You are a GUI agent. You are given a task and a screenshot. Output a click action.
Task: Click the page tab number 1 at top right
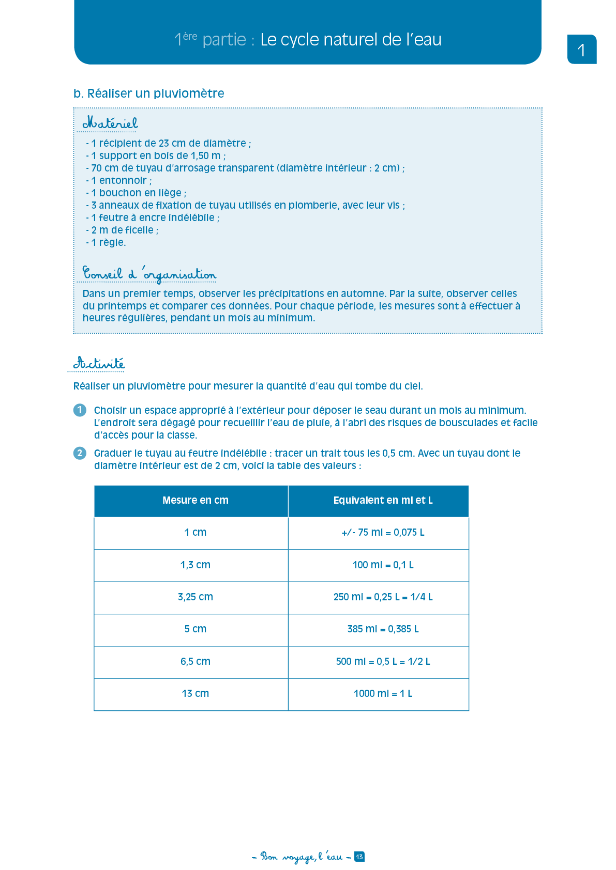(581, 50)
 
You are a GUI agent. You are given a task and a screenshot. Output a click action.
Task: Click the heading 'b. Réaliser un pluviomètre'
(148, 94)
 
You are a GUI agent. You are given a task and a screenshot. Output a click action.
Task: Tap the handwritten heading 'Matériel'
(110, 123)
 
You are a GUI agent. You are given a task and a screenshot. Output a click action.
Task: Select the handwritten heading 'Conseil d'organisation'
(149, 274)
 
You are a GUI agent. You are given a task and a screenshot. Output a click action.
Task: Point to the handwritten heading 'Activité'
(99, 363)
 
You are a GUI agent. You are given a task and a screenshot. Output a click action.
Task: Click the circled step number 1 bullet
(80, 410)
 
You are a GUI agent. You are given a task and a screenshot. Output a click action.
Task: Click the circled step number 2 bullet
(80, 453)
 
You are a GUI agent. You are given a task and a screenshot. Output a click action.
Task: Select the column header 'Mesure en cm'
(195, 500)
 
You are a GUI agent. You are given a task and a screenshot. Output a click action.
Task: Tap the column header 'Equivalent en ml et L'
(383, 500)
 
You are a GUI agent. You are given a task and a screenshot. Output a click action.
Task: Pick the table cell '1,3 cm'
(195, 565)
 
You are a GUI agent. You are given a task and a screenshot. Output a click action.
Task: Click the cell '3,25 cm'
(195, 597)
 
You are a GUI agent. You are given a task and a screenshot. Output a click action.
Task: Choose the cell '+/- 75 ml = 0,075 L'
(383, 532)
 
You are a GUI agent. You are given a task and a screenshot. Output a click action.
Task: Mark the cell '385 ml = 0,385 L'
(383, 629)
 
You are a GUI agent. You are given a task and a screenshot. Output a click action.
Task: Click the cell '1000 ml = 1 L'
(383, 693)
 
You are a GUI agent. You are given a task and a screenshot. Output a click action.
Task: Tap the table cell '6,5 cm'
(195, 661)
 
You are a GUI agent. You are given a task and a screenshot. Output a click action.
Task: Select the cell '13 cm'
(195, 693)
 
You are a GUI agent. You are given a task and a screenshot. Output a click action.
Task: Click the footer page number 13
(359, 857)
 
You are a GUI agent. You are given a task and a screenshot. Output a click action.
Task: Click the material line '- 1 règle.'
(106, 242)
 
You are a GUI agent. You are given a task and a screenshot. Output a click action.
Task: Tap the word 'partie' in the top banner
(224, 40)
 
